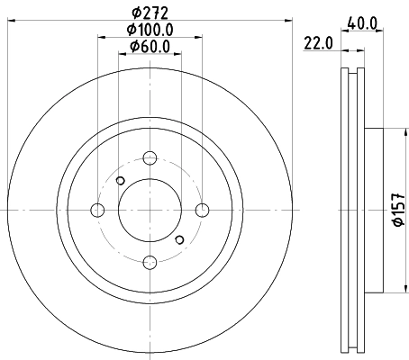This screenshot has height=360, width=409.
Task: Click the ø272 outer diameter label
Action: pos(150,12)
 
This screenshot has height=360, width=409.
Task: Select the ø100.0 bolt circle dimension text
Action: pos(150,29)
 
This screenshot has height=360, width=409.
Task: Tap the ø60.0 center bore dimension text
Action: pos(150,46)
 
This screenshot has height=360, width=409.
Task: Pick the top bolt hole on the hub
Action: pos(150,158)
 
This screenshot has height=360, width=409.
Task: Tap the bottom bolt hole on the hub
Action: pos(150,262)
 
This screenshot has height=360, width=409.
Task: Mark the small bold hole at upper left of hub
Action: pos(121,181)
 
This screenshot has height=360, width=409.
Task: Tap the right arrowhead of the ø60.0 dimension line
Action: pos(178,55)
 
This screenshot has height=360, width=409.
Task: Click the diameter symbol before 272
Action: pos(136,12)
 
